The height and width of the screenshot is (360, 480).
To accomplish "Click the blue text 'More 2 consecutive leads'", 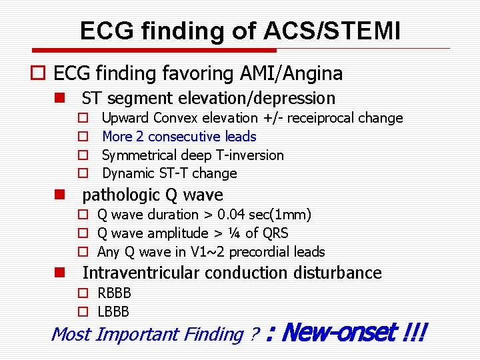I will [179, 137].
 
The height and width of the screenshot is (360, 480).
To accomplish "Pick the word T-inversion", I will [248, 155].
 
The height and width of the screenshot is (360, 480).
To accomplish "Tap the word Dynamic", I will [128, 173].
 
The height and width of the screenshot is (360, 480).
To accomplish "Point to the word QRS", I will [275, 233].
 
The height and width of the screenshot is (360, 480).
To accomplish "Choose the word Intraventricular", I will [141, 273].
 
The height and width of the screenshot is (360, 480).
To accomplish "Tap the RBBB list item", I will [114, 293].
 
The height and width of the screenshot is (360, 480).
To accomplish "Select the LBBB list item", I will [113, 311].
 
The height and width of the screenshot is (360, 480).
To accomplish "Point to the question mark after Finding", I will [253, 334].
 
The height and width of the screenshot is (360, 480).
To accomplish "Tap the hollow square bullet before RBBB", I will [83, 293].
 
